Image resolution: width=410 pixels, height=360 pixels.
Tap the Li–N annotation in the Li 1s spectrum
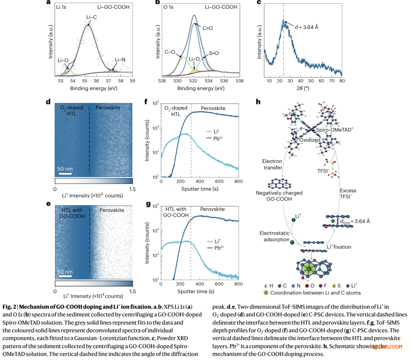click(x=120, y=60)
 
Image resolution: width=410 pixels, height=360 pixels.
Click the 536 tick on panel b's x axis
click(x=224, y=81)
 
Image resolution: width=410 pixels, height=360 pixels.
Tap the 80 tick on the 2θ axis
click(x=342, y=81)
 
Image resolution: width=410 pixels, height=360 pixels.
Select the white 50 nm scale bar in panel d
click(x=66, y=174)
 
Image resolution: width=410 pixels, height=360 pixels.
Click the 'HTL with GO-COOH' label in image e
click(x=72, y=212)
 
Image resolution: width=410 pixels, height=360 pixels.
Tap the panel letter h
click(x=259, y=102)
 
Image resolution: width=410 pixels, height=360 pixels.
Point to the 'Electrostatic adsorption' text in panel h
click(x=274, y=236)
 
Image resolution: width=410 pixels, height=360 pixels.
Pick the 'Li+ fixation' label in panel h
click(x=339, y=247)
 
